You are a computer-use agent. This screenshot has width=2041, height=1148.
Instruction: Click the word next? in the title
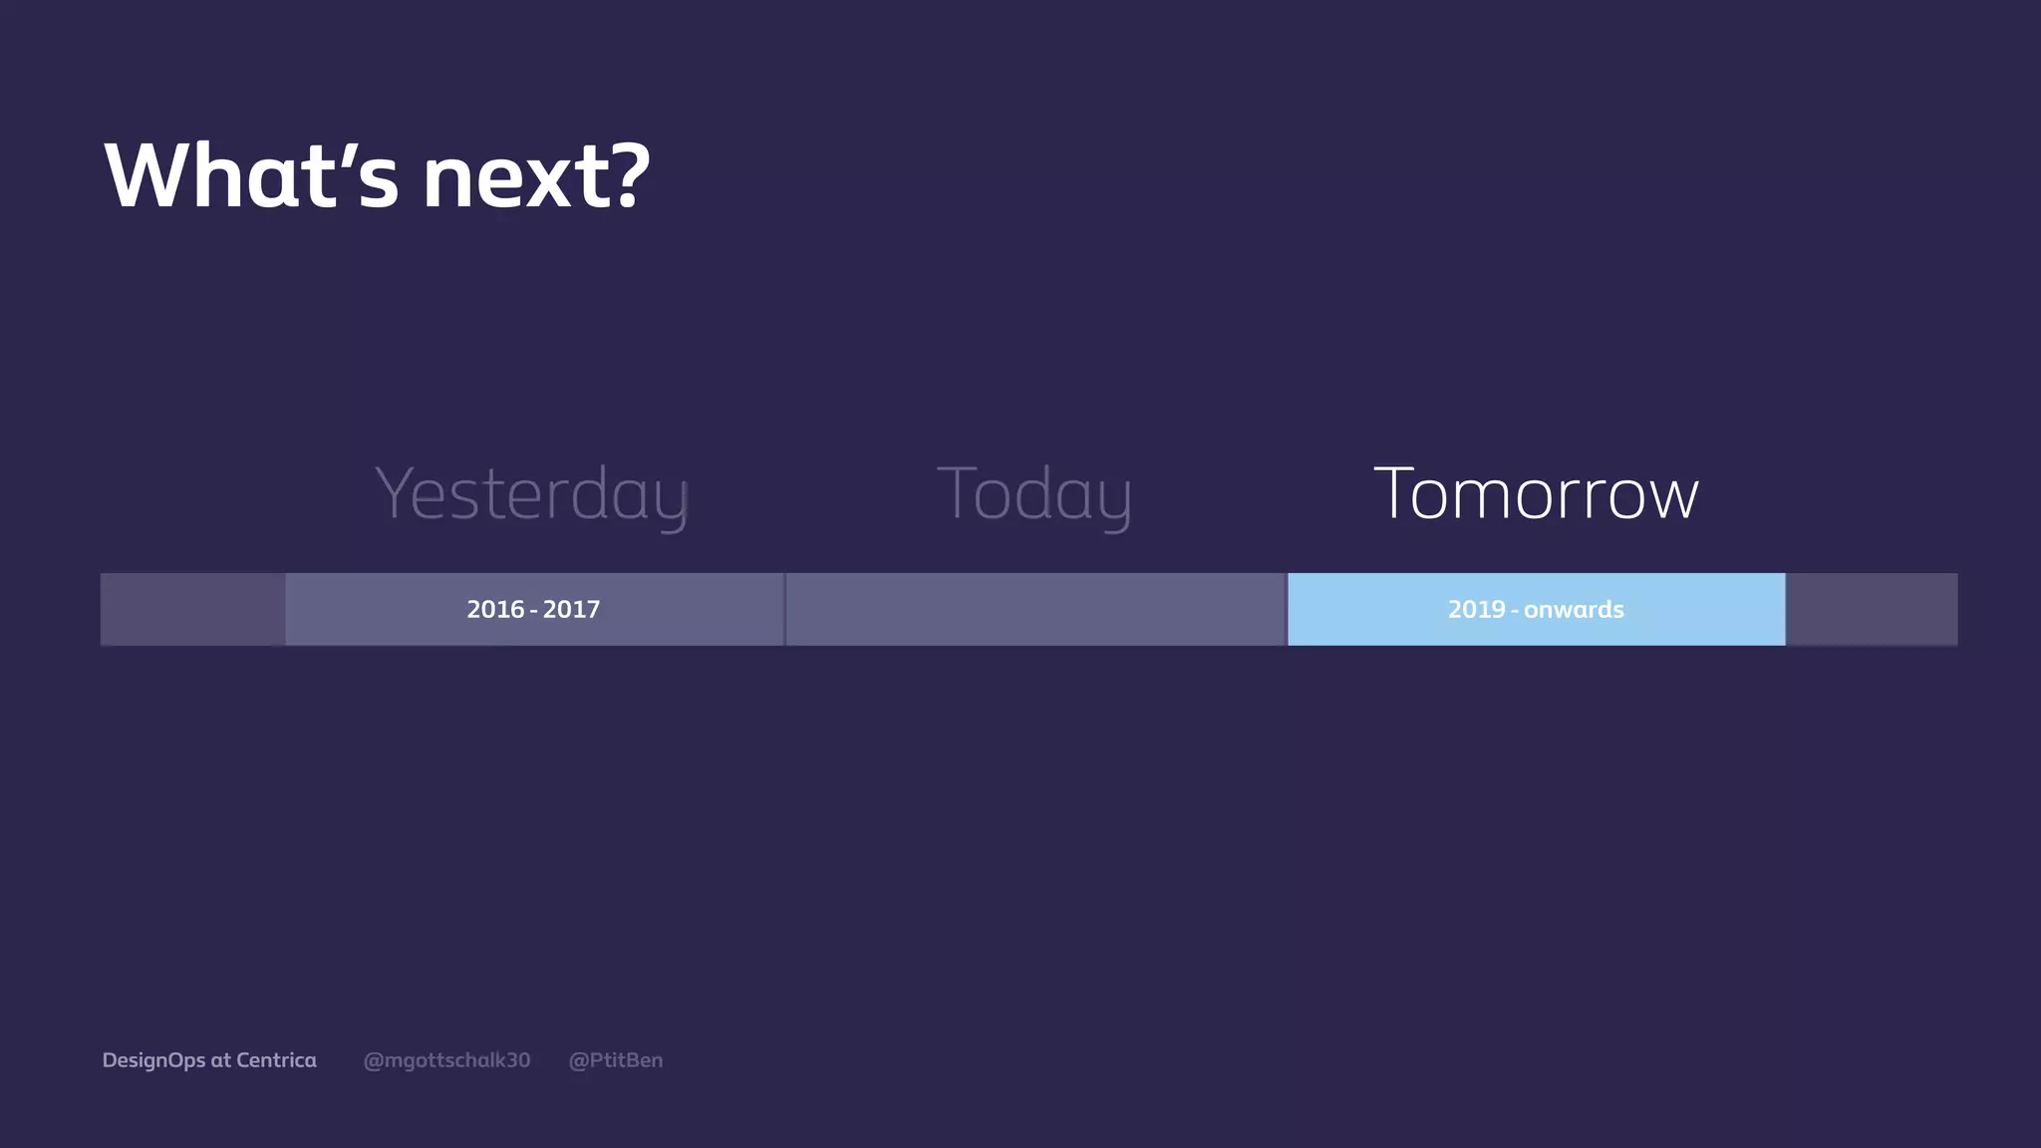pyautogui.click(x=536, y=176)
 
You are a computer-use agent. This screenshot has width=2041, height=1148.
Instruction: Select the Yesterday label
pyautogui.click(x=532, y=494)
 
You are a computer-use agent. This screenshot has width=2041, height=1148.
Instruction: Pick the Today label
pyautogui.click(x=1034, y=494)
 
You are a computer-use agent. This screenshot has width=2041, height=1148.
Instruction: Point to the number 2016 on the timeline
pyautogui.click(x=495, y=609)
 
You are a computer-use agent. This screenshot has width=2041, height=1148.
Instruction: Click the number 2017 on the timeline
pyautogui.click(x=571, y=609)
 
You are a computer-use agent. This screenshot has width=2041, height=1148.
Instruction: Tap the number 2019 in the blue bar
pyautogui.click(x=1476, y=609)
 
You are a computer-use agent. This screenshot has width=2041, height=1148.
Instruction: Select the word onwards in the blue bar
pyautogui.click(x=1574, y=609)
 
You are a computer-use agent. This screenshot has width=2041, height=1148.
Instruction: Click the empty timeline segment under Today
pyautogui.click(x=1035, y=609)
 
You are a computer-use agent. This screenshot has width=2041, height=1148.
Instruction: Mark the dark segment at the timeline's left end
pyautogui.click(x=192, y=609)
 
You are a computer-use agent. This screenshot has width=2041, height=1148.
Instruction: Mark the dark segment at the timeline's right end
pyautogui.click(x=1871, y=609)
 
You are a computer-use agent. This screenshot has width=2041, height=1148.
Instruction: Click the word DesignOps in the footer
pyautogui.click(x=153, y=1060)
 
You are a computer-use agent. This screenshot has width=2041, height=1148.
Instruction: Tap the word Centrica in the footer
pyautogui.click(x=276, y=1060)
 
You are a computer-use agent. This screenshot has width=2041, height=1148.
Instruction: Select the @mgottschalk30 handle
pyautogui.click(x=446, y=1060)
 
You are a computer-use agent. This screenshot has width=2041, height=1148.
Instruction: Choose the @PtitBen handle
pyautogui.click(x=615, y=1060)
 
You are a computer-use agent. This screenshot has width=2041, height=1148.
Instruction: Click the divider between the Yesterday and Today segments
pyautogui.click(x=785, y=609)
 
